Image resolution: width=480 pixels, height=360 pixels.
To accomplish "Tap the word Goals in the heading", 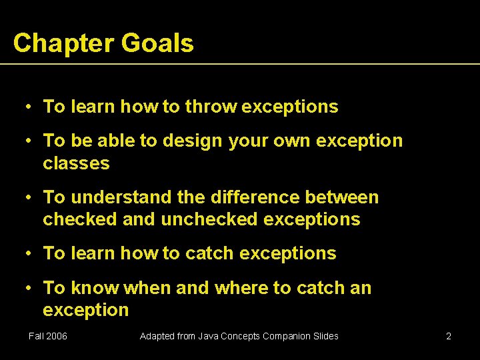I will [157, 43].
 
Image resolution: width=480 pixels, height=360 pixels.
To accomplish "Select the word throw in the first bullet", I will [211, 107].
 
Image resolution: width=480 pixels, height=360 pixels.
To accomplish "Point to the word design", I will [193, 141].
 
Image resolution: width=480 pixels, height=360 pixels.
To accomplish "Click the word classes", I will [76, 163].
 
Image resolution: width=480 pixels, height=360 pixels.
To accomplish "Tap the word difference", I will [245, 197].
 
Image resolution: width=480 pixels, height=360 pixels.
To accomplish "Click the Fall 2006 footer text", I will [48, 336].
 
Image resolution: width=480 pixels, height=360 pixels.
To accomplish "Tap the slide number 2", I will [449, 336].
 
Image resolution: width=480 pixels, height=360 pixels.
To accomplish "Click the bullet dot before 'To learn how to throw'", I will [29, 107].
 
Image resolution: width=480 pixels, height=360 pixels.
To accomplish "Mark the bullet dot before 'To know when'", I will [29, 288].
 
